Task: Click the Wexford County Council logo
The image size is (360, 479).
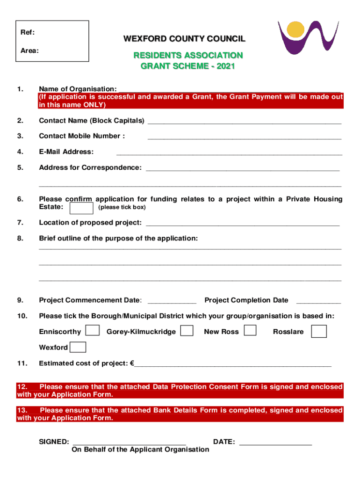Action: (x=308, y=37)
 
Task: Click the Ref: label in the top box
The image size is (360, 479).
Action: (x=27, y=33)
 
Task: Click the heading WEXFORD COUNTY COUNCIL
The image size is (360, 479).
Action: (x=184, y=39)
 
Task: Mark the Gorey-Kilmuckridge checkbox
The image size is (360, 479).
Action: (x=187, y=331)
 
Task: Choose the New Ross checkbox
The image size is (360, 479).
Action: (x=250, y=330)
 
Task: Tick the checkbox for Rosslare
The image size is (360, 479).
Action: (x=319, y=331)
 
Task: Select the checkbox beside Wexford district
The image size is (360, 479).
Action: (x=78, y=347)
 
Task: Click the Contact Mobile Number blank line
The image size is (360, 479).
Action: (x=244, y=138)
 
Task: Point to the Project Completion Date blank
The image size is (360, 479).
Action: (x=318, y=302)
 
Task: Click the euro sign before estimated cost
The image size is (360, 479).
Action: (x=132, y=363)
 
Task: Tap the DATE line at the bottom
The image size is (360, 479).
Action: (x=275, y=444)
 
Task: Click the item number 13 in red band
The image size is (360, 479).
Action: (x=22, y=410)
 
